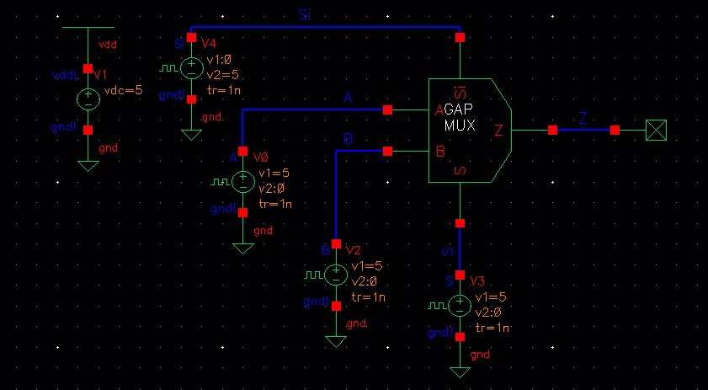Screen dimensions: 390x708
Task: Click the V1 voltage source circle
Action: (x=88, y=99)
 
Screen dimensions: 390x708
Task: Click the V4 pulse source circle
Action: (x=191, y=69)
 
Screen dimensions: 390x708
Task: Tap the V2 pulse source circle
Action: (x=336, y=274)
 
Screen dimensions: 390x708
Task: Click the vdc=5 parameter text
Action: (x=120, y=91)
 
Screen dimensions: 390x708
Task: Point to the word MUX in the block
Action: (x=460, y=126)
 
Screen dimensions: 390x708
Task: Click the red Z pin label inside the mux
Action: (x=498, y=131)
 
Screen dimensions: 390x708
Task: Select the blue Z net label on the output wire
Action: (x=583, y=119)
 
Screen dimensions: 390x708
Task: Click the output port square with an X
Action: (x=655, y=131)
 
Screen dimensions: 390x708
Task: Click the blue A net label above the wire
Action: (x=348, y=99)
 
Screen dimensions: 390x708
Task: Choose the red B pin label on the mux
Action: (x=439, y=152)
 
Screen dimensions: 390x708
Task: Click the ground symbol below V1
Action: (x=88, y=165)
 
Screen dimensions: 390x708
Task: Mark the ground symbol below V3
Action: (x=460, y=371)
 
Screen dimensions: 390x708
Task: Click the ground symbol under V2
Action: (x=336, y=341)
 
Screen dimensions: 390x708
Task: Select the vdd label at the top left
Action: (x=108, y=43)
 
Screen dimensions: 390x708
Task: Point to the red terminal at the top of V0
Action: (x=242, y=152)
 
